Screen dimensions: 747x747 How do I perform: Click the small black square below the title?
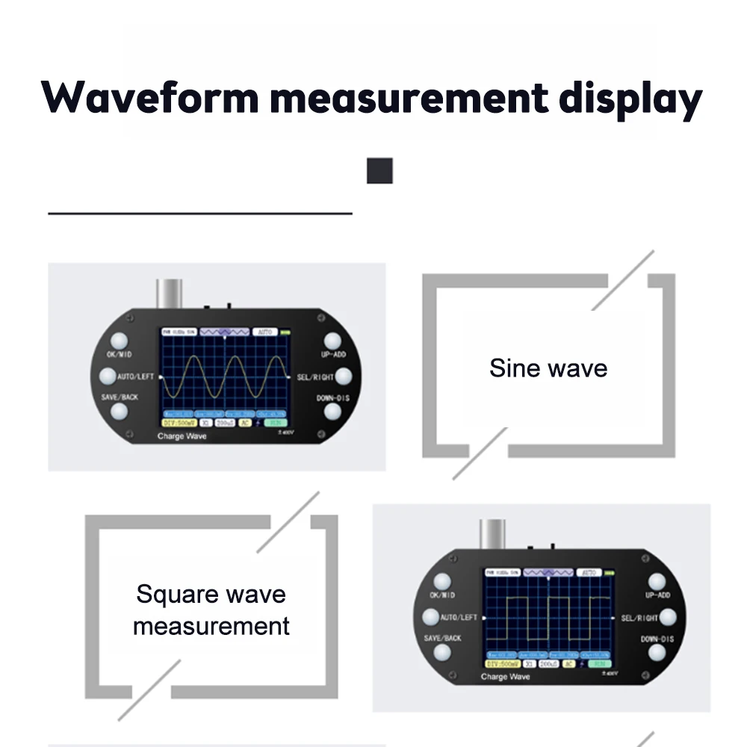point(379,170)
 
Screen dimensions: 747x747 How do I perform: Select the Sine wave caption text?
point(548,368)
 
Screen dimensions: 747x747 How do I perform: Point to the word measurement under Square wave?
point(211,625)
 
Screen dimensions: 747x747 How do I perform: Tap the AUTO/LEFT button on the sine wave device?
point(108,376)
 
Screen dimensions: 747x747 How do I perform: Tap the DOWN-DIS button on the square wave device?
point(657,651)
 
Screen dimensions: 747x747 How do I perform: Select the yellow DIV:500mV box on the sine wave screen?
point(178,422)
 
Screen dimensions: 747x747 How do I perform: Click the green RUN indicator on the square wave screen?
point(599,663)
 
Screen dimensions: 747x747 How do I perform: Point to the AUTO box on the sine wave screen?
point(264,331)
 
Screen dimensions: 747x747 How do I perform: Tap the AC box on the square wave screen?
point(569,663)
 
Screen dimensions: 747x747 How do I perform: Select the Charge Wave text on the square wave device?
point(505,677)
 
